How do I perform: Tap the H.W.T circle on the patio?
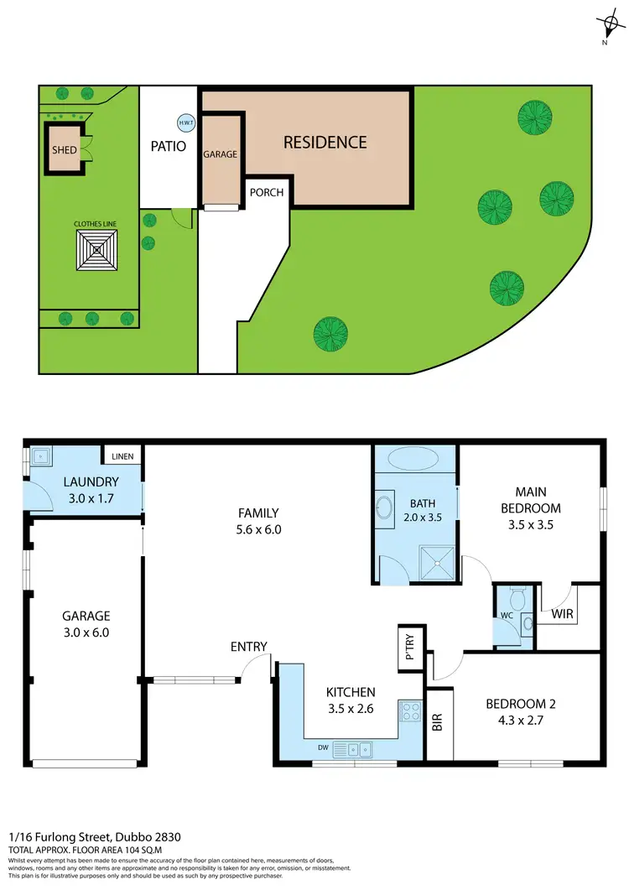coord(186,122)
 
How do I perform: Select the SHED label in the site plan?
coord(65,151)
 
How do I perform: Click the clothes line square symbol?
coord(98,250)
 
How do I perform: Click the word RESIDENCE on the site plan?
coord(325,143)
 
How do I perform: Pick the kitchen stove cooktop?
coord(411,712)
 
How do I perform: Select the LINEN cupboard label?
coord(122,457)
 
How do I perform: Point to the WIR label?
coord(563,614)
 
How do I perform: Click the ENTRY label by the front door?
coord(249,647)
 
